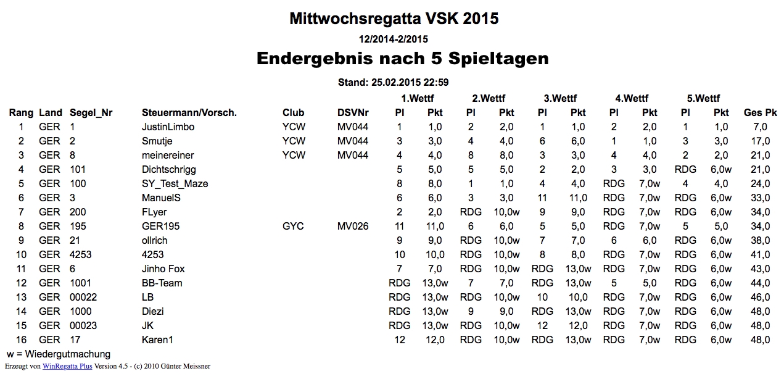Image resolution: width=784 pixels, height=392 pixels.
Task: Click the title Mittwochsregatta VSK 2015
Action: (394, 19)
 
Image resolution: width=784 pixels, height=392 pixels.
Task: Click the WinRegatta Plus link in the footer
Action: (67, 366)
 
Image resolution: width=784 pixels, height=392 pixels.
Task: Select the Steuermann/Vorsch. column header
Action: (189, 113)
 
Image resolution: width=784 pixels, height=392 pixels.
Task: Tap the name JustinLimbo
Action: (168, 127)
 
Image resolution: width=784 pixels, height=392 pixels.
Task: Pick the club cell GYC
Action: (293, 227)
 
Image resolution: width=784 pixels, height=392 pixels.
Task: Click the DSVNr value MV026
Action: (353, 227)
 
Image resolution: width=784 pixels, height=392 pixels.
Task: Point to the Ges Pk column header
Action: (760, 113)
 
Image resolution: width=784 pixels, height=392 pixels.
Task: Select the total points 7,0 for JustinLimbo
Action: (760, 127)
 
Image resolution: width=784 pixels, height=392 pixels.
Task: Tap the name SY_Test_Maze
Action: (175, 184)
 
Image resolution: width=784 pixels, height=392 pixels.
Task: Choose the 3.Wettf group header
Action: (560, 99)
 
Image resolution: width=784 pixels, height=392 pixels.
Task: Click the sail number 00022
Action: (83, 298)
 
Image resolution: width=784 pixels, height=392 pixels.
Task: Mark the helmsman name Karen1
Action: (157, 340)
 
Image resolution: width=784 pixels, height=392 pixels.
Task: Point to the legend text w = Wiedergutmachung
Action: (59, 354)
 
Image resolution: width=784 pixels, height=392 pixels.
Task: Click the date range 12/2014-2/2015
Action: (393, 39)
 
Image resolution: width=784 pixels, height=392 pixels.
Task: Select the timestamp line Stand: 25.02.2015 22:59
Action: (393, 82)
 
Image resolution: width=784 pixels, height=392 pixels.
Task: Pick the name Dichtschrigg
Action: (168, 170)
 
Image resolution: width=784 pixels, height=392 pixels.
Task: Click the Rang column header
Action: (21, 113)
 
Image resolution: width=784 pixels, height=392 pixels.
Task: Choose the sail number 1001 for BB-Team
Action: (80, 283)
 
